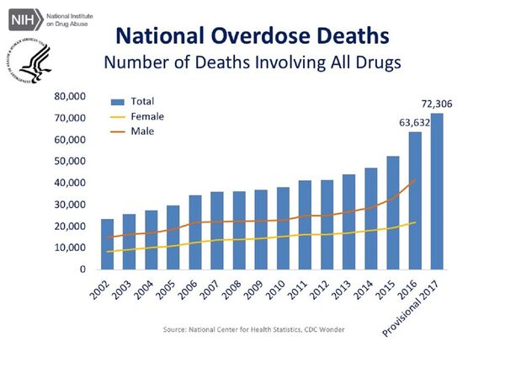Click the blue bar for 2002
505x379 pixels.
[108, 244]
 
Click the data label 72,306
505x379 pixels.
[438, 104]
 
